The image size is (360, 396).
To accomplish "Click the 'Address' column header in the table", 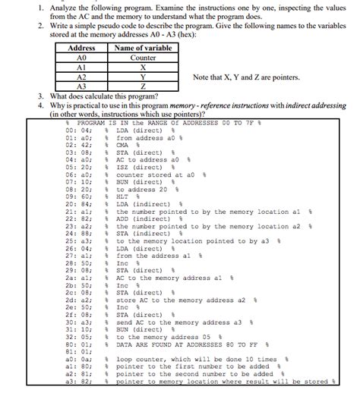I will pos(82,48).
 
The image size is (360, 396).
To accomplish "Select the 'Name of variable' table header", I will pos(143,48).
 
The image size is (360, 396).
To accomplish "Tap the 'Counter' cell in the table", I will pos(143,58).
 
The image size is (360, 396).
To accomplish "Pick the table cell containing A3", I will pos(82,86).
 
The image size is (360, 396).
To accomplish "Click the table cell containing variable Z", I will pos(143,86).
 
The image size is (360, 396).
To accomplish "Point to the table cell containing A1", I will pos(82,68).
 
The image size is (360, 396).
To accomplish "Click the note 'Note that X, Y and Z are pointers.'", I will pos(246,77).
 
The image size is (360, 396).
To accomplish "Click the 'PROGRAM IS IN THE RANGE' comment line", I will pos(164,123).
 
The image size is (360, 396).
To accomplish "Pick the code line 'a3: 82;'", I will pos(78,381).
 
